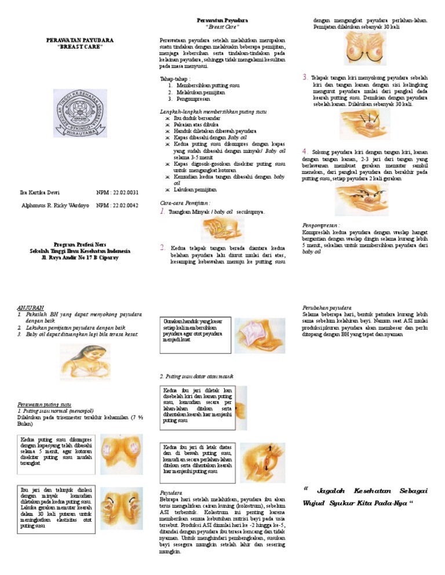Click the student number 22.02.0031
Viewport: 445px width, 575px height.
pyautogui.click(x=118, y=192)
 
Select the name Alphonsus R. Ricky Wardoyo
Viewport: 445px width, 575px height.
pyautogui.click(x=55, y=205)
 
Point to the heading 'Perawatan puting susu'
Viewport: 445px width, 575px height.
pyautogui.click(x=45, y=403)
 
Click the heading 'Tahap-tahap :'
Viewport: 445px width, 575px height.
pyautogui.click(x=175, y=79)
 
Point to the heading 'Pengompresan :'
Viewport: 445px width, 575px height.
pyautogui.click(x=320, y=224)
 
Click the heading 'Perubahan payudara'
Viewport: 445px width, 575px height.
pyautogui.click(x=326, y=308)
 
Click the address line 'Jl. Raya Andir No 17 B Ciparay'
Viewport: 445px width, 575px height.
pyautogui.click(x=79, y=257)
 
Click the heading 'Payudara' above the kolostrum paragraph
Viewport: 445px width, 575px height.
pyautogui.click(x=171, y=492)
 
